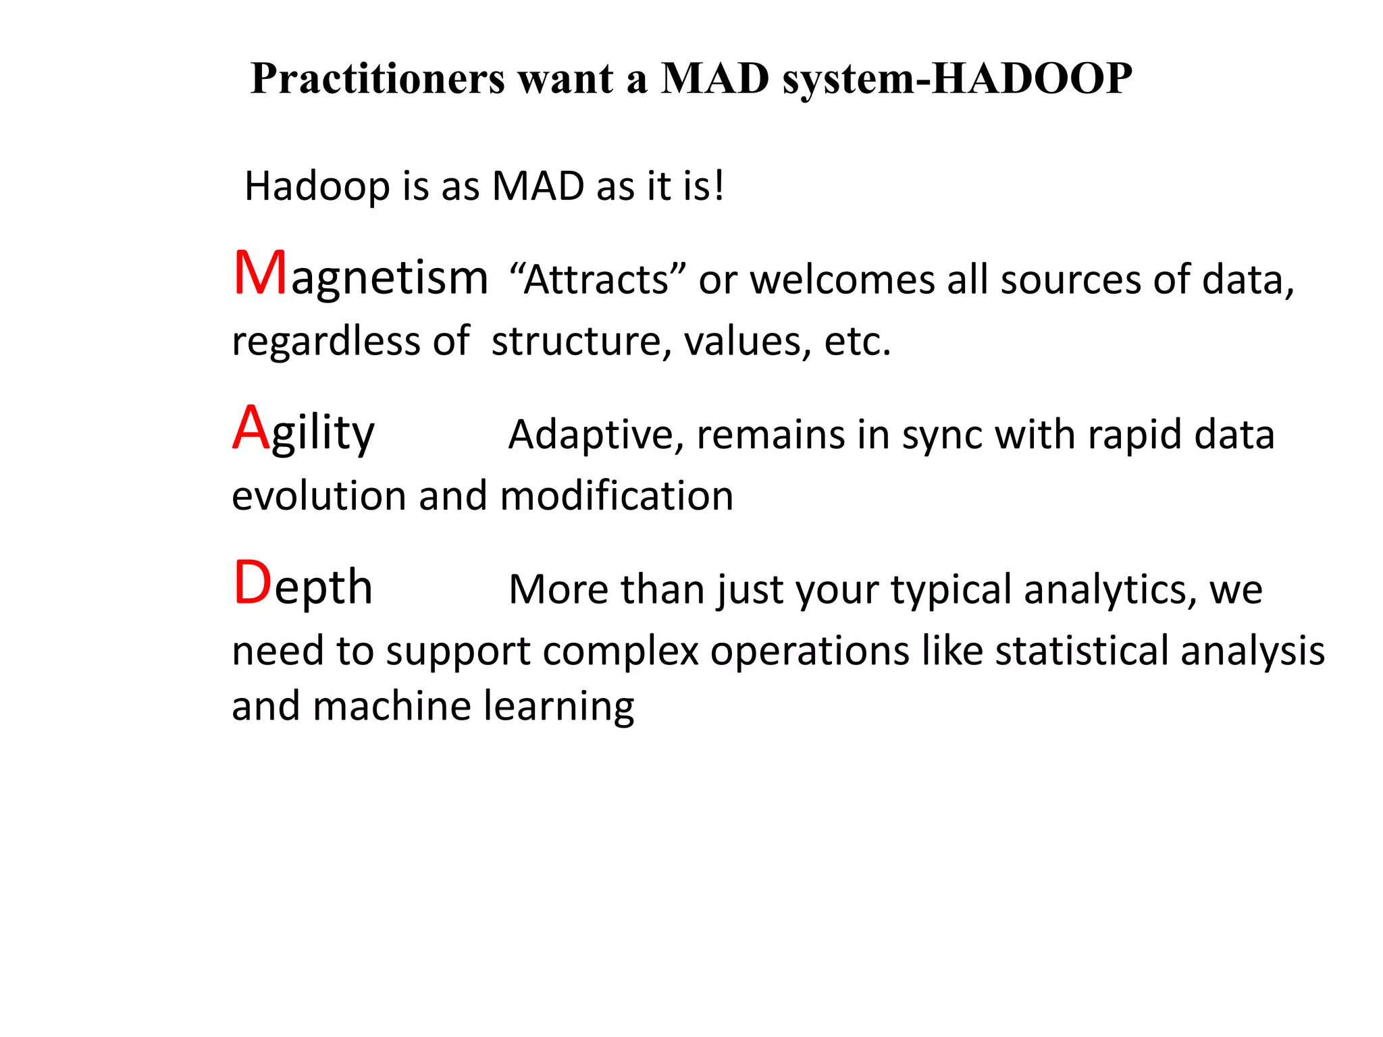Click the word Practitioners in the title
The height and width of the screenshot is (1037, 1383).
click(x=377, y=79)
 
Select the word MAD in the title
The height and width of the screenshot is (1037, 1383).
click(x=715, y=79)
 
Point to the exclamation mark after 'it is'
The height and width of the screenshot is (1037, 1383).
click(x=719, y=185)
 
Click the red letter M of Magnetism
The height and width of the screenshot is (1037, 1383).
click(x=260, y=273)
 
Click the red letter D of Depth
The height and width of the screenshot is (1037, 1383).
click(x=252, y=583)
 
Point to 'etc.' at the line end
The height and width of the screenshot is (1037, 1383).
click(x=857, y=341)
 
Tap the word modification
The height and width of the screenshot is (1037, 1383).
click(x=616, y=496)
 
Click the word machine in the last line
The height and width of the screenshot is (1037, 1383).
click(x=392, y=707)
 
